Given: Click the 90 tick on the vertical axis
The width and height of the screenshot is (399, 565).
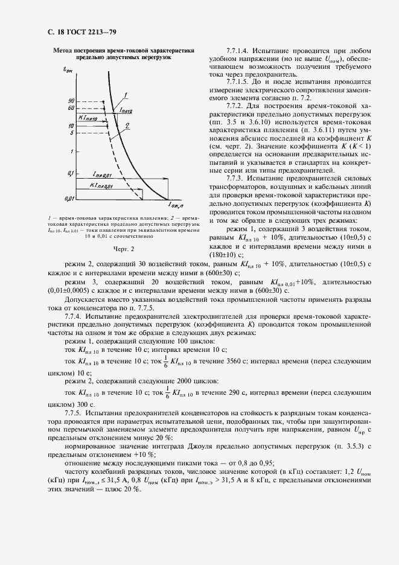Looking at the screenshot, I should [x=71, y=100].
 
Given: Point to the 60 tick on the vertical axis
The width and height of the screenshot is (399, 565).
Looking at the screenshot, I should [x=71, y=107].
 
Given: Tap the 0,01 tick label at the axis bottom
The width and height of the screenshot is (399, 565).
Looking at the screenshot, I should [x=70, y=198].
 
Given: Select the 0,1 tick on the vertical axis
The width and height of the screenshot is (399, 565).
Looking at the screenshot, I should [x=71, y=174].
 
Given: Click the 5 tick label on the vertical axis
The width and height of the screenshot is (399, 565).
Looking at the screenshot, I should [x=72, y=132].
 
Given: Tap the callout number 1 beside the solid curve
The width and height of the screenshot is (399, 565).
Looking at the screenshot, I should [x=125, y=94].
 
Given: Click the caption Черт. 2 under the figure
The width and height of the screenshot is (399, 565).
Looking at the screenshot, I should [x=123, y=247].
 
